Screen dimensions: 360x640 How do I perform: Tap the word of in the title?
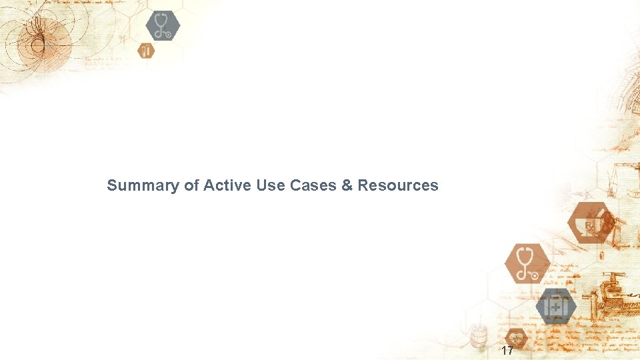(191, 185)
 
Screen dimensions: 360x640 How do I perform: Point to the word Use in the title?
(270, 185)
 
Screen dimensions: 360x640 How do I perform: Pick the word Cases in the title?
(313, 185)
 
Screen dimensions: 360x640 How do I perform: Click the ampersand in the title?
(347, 185)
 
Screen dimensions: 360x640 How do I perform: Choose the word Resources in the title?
(398, 185)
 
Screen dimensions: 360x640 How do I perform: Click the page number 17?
(507, 351)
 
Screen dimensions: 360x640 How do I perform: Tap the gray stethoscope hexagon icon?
(163, 26)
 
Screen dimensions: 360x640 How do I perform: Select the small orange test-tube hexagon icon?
(146, 50)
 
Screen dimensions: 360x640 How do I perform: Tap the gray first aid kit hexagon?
(556, 307)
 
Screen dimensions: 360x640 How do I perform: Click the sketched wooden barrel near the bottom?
(477, 337)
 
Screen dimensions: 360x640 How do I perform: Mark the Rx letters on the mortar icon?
(589, 227)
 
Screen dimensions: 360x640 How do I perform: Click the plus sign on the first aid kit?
(556, 307)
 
